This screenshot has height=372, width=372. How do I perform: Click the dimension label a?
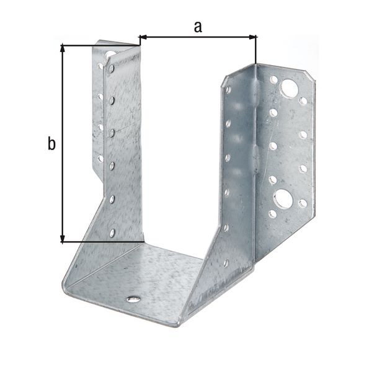[198, 26]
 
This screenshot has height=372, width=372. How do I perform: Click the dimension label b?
[52, 144]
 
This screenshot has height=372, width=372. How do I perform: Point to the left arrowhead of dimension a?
[142, 37]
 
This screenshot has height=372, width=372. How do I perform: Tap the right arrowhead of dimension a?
[252, 37]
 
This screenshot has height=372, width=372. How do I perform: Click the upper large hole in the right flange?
[288, 88]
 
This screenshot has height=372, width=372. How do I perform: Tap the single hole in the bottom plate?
[133, 299]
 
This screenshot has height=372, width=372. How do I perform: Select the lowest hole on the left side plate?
[112, 232]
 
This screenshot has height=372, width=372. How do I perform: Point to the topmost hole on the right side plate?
[228, 90]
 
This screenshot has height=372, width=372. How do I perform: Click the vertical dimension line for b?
[63, 143]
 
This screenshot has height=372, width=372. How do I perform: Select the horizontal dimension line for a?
[197, 37]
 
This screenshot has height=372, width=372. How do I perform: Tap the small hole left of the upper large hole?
[273, 79]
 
